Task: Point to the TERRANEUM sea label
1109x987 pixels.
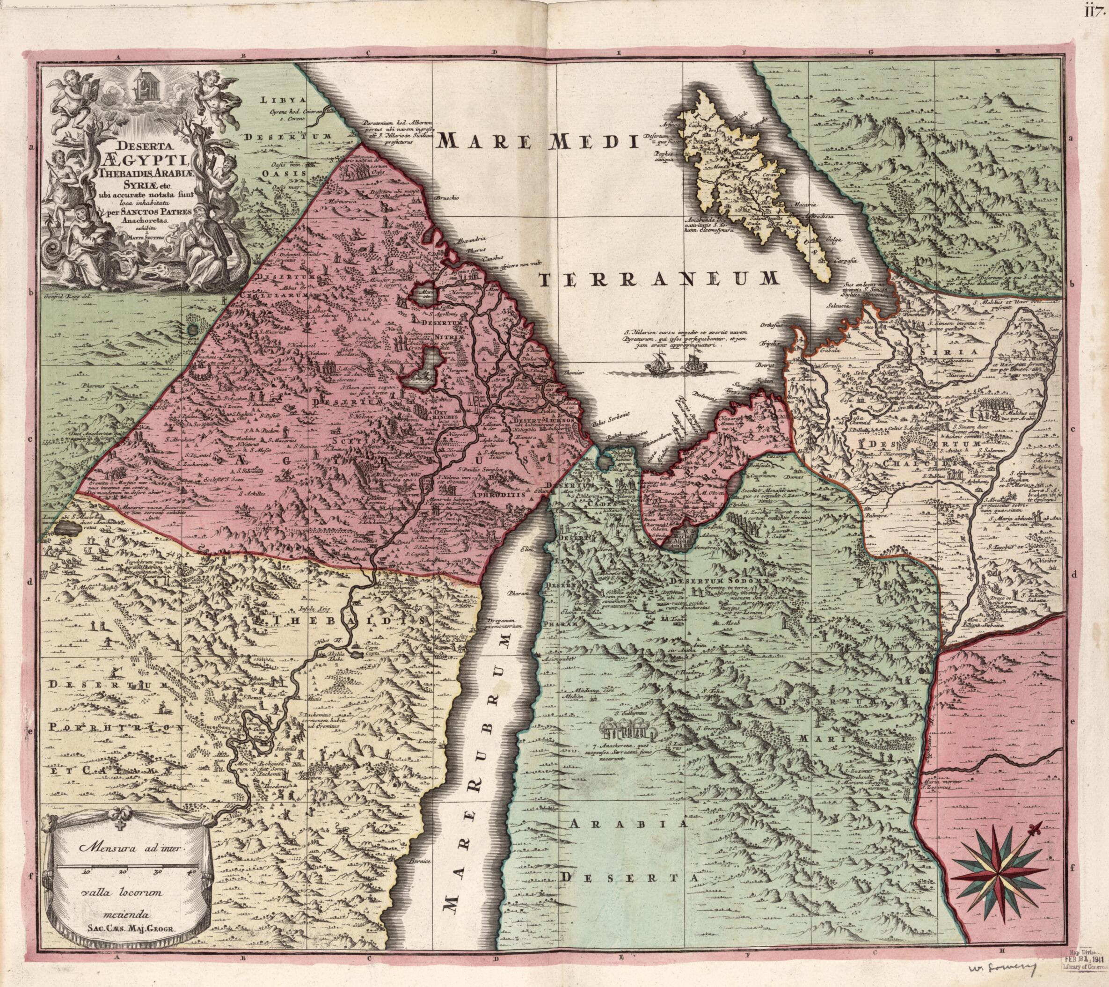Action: (x=660, y=279)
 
